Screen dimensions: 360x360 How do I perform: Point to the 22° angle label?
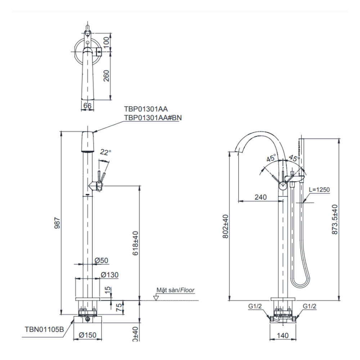105,152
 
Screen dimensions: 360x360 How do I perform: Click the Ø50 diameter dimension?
102,260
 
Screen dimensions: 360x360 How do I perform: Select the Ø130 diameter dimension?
109,275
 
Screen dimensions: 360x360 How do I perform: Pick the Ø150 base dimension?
87,335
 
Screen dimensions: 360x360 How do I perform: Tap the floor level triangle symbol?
156,298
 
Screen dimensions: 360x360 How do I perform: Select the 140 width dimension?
283,335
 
